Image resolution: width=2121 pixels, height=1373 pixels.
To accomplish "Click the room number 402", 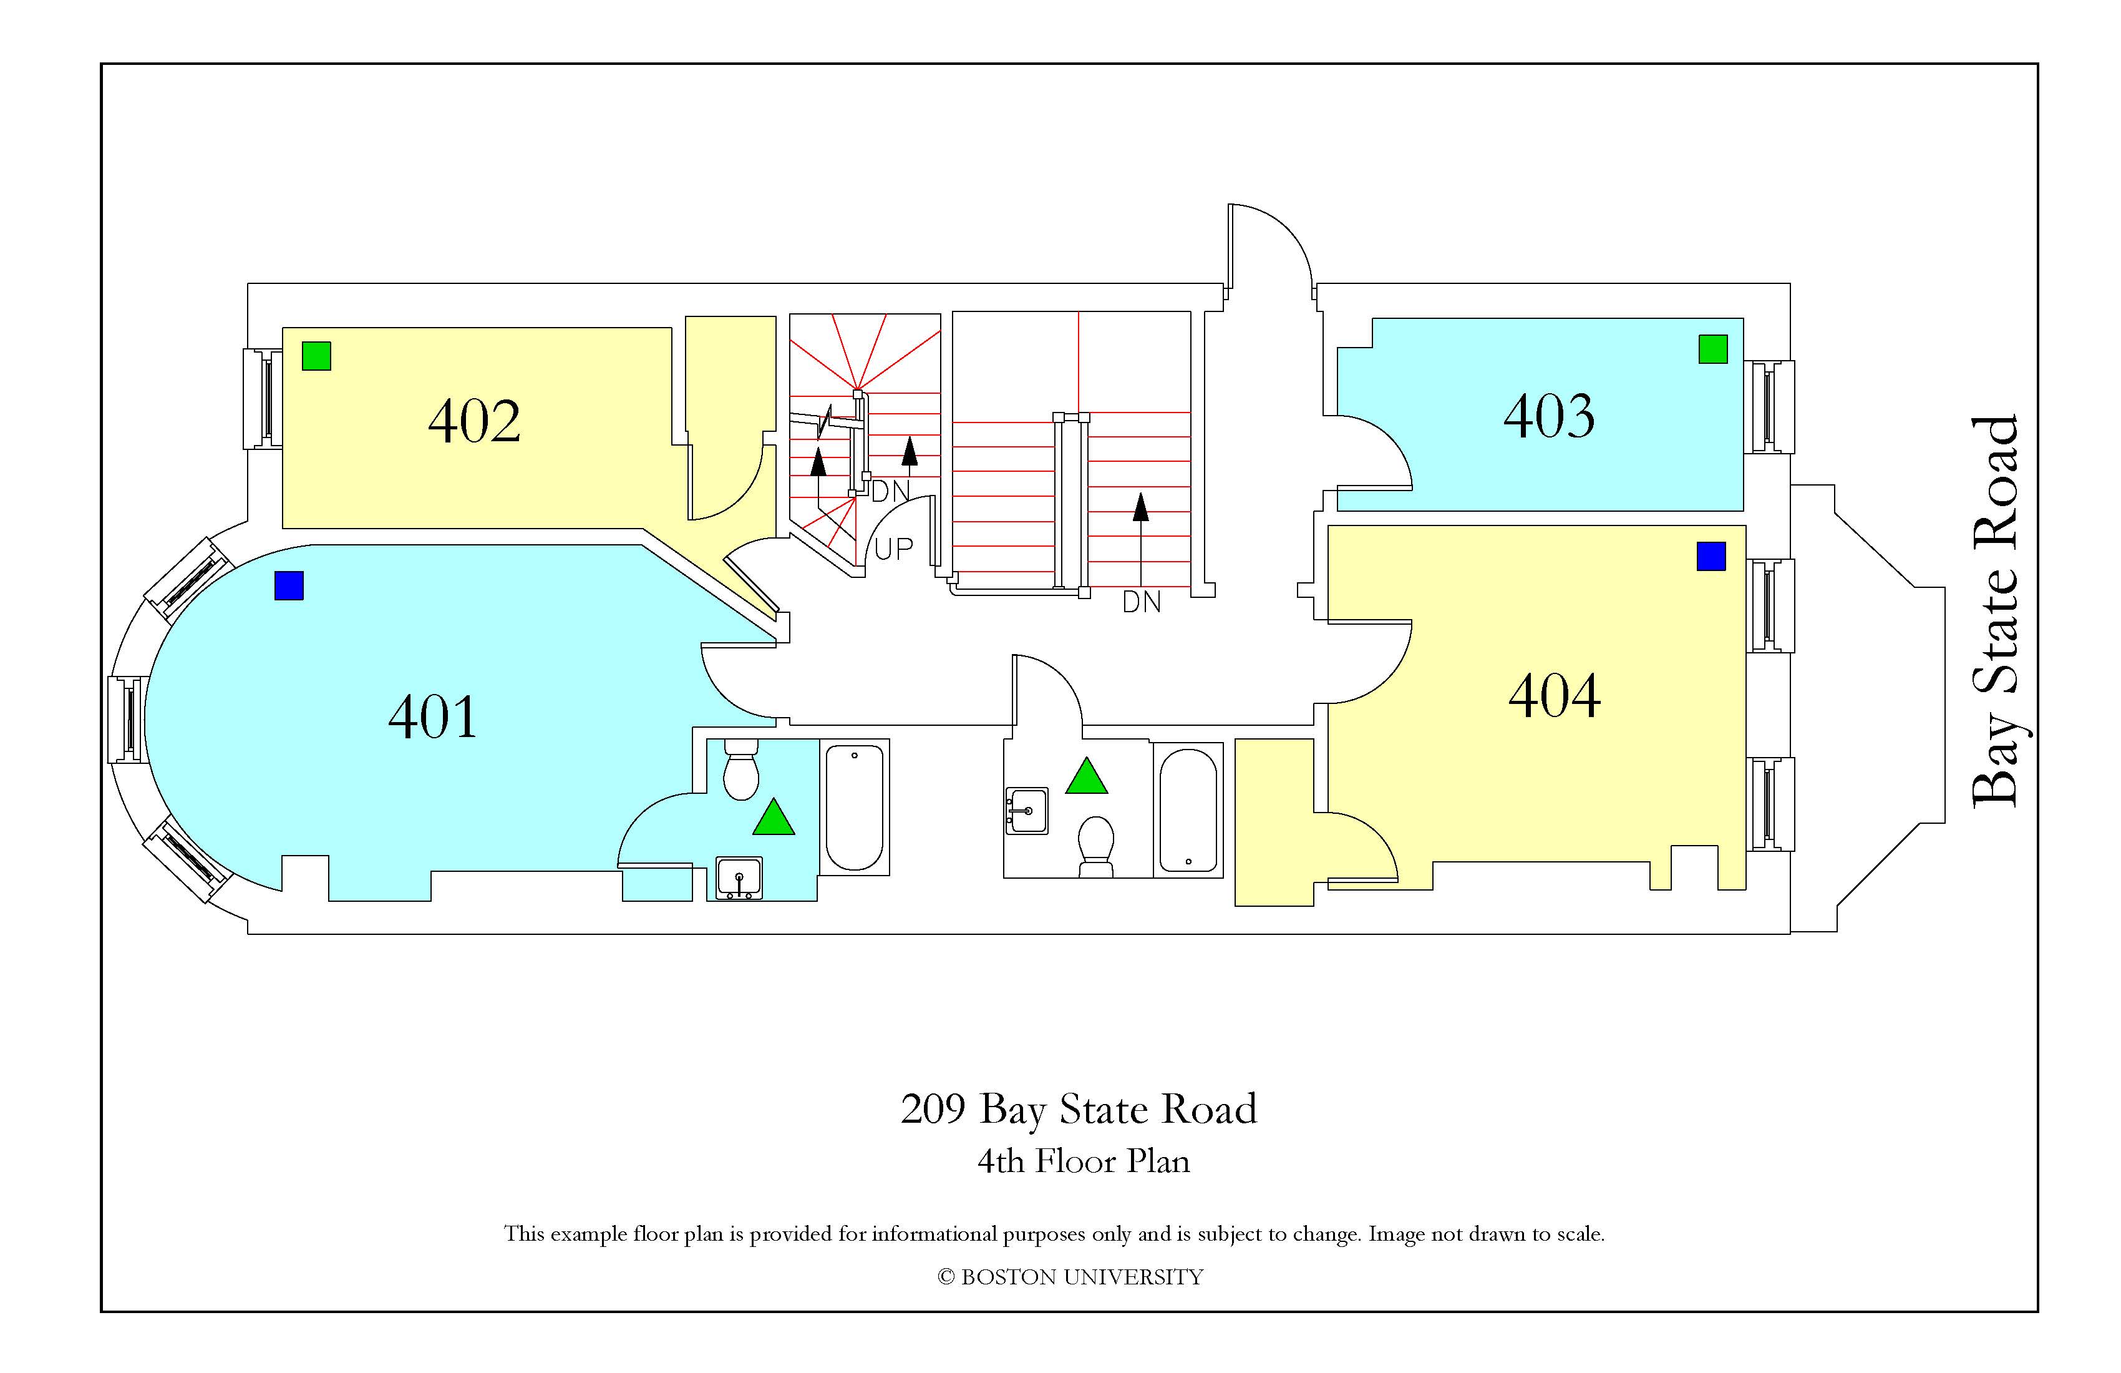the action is click(x=474, y=422).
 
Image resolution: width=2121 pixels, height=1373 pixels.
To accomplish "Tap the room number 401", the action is click(x=433, y=717).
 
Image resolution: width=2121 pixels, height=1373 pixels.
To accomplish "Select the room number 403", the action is click(x=1549, y=416).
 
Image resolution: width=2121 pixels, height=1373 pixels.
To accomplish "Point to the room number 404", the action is click(x=1554, y=696).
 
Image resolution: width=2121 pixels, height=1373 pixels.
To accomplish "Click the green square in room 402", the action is click(x=316, y=356).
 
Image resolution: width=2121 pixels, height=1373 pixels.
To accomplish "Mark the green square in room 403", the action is click(x=1713, y=349).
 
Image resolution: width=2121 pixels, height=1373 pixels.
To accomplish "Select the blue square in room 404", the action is click(x=1711, y=556).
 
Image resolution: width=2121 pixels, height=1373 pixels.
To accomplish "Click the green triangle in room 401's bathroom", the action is click(x=773, y=817).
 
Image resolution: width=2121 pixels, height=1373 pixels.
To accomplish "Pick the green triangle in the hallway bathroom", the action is click(x=1086, y=776).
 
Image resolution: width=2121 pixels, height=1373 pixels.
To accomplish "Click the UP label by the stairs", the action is click(x=894, y=549).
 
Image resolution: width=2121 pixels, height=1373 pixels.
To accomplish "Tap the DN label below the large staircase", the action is click(x=1142, y=603).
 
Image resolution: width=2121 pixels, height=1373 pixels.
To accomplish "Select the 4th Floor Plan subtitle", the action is click(x=1084, y=1161).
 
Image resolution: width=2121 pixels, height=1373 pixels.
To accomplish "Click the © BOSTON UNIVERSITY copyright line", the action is click(x=1070, y=1277).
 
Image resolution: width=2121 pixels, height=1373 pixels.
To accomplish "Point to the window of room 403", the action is click(x=1769, y=406).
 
